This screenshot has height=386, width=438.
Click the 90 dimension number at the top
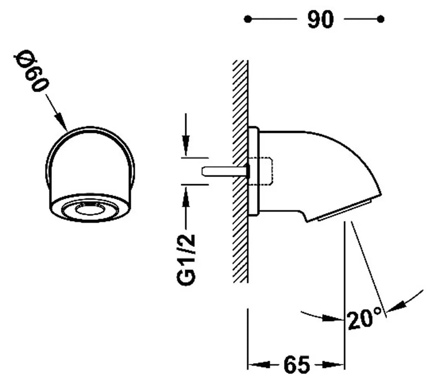320,19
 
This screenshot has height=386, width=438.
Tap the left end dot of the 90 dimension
247,19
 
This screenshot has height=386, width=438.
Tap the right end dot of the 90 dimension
380,19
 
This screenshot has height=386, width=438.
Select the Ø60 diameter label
31,71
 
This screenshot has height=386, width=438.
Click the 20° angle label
365,319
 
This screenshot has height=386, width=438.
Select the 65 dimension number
297,365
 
